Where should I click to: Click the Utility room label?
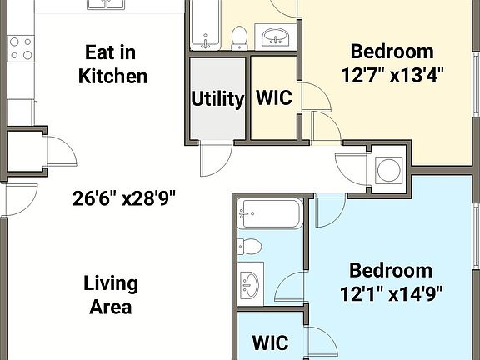pos(217,98)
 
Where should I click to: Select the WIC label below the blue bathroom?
pos(270,342)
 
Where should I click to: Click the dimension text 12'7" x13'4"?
pos(392,73)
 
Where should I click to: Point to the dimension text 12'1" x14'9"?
pos(390,292)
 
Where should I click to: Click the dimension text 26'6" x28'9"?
pos(124,198)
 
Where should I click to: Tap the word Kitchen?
pos(112,76)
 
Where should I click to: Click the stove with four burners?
pos(20,49)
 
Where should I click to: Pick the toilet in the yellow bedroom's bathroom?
pos(240,37)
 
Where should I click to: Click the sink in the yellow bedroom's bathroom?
pos(275,37)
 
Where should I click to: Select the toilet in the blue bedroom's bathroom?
pos(249,245)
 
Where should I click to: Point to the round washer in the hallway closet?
pos(388,170)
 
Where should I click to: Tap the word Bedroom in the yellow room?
pos(391,51)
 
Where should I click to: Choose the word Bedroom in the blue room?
pos(390,270)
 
